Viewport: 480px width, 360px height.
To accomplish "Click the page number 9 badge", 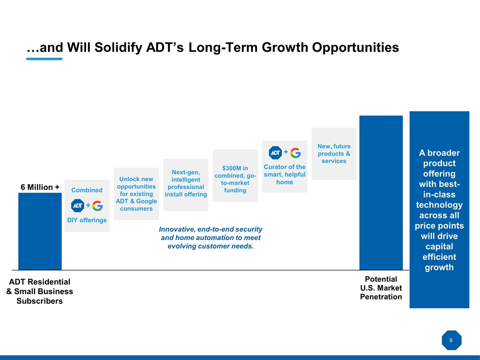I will click(x=451, y=340).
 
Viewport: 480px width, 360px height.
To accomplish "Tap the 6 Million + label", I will click(x=40, y=187).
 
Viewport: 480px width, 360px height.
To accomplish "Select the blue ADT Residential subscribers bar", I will click(x=40, y=231).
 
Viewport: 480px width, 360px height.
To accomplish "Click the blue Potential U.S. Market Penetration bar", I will click(x=381, y=192).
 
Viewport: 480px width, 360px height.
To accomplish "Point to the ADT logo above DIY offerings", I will click(x=77, y=205).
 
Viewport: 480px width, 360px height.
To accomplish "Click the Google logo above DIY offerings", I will click(x=97, y=205).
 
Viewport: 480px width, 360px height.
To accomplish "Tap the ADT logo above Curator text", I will click(x=275, y=152).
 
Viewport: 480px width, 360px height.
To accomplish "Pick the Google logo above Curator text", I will click(x=295, y=152).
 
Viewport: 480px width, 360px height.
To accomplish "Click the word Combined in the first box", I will click(x=87, y=190).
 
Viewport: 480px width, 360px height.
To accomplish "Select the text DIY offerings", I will click(x=87, y=220).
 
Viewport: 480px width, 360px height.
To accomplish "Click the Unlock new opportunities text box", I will click(x=136, y=193).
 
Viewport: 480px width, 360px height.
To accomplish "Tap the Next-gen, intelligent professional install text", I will click(x=185, y=183).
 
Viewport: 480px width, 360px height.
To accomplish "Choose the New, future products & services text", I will click(x=334, y=153).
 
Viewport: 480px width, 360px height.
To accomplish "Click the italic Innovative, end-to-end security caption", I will click(x=210, y=237).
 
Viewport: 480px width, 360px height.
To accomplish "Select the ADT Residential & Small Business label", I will click(x=39, y=291).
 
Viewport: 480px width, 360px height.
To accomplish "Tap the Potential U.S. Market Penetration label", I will click(x=381, y=287).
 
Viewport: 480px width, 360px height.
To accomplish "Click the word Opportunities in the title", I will click(x=355, y=47).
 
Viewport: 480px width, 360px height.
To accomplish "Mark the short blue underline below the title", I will click(x=44, y=59).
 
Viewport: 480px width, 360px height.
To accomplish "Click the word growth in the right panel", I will click(x=439, y=267).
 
